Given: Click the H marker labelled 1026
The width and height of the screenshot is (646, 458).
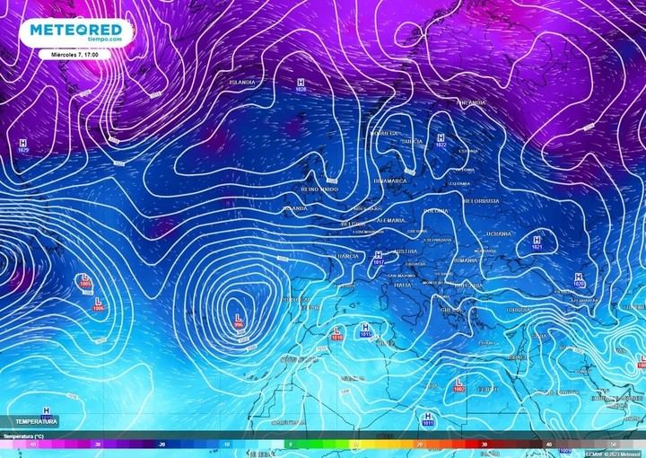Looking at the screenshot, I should (300, 84).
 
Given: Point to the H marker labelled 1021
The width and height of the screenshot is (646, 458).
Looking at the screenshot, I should (537, 242).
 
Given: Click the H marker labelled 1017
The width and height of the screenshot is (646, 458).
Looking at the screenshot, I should (378, 258).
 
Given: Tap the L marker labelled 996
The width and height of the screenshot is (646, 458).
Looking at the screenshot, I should (239, 321).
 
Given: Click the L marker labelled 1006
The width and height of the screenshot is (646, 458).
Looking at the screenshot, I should (97, 303).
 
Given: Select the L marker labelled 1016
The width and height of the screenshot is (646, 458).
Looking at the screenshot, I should (337, 332).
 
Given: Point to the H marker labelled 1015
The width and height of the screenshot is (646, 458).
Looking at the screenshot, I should (365, 330).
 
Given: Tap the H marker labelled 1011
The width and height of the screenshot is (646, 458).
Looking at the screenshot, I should (428, 418).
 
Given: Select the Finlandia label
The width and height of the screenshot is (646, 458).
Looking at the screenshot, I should (471, 103).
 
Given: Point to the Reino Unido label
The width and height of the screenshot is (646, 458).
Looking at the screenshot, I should (319, 189).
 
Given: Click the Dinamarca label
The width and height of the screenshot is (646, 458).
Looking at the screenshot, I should (389, 181).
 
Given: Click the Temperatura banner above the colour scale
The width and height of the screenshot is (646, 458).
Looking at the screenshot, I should (36, 421).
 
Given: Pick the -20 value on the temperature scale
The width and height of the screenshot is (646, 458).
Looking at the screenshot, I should (162, 444).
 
